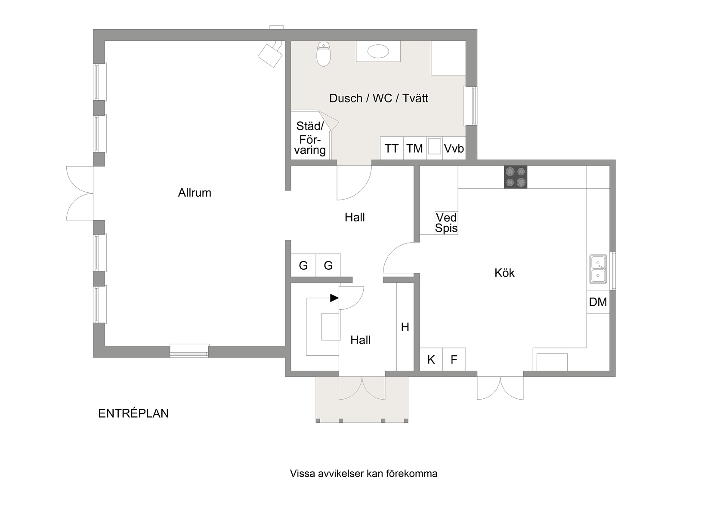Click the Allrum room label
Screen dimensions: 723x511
pos(195,193)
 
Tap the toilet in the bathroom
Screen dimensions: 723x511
pos(324,54)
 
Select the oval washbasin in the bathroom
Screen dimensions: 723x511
pos(378,51)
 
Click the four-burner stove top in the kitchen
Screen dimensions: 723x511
pos(516,177)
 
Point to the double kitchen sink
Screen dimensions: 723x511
pos(598,269)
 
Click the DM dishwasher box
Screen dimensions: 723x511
pos(598,302)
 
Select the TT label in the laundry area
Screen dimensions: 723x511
pos(392,148)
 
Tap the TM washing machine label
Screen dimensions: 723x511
pos(414,148)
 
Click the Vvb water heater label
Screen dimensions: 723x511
pos(454,148)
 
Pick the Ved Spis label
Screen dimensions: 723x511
pos(446,223)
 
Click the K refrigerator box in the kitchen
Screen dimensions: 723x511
pos(431,359)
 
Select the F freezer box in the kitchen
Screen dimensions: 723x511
pos(454,359)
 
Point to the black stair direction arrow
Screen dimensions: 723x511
pos(334,298)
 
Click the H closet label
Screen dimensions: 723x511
pos(405,327)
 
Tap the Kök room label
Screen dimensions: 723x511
pos(504,273)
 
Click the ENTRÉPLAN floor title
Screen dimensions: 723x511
pos(133,413)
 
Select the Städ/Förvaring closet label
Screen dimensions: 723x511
pos(310,139)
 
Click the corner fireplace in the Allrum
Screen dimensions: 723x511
pos(270,55)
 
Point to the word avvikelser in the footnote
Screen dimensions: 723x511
pos(341,474)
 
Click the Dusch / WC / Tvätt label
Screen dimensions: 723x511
pos(379,98)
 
